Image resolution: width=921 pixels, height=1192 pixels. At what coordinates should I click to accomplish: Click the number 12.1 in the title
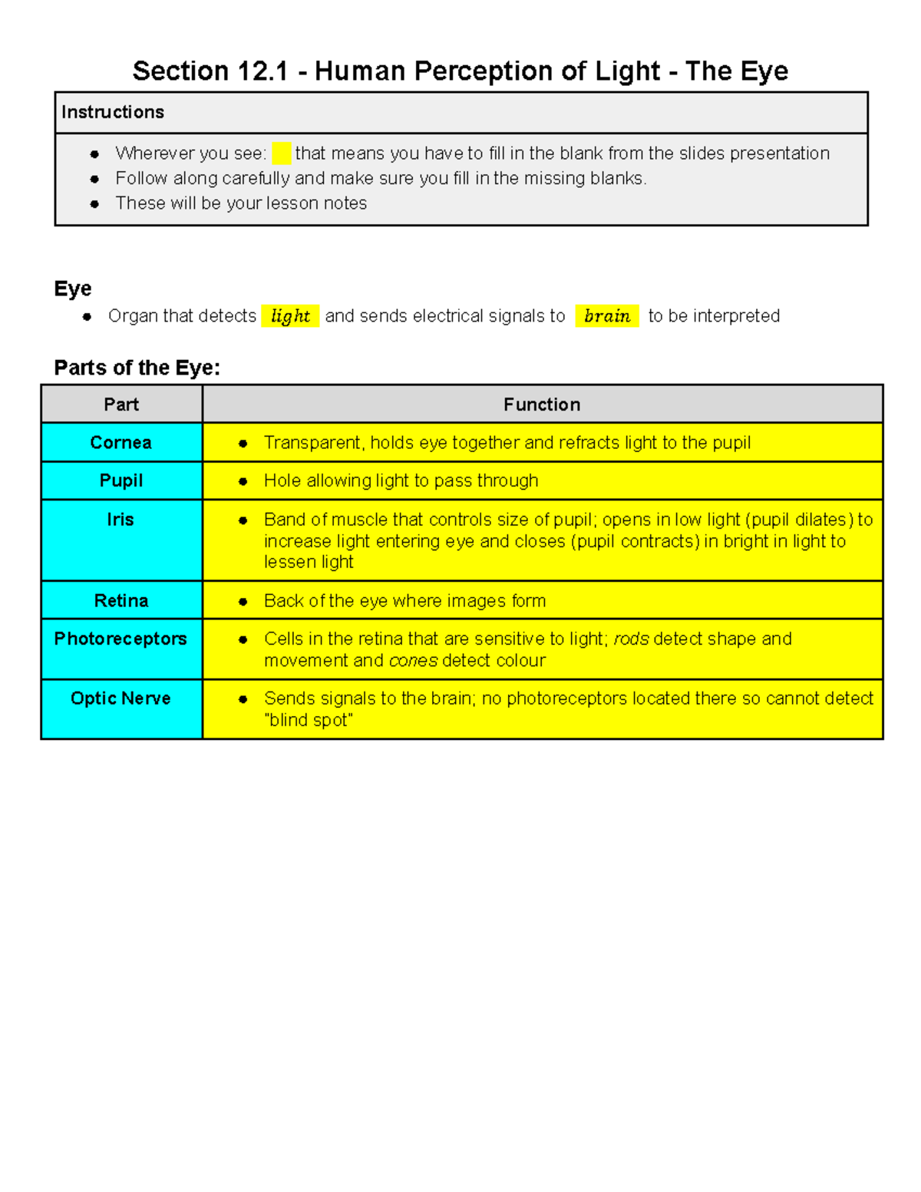[x=262, y=71]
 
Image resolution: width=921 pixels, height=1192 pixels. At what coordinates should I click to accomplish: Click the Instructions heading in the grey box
[x=113, y=112]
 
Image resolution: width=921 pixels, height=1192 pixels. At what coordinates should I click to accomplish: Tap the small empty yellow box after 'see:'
[x=281, y=154]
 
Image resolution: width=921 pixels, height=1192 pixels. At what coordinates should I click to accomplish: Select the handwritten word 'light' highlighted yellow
[x=290, y=316]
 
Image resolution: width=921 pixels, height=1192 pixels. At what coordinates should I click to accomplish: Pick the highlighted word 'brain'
[x=607, y=316]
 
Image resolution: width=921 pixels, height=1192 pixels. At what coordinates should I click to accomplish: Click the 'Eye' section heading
[x=73, y=289]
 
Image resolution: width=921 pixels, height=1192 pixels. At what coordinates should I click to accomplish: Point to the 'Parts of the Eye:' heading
[x=137, y=368]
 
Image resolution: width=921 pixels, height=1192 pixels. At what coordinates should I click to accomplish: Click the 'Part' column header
[x=121, y=404]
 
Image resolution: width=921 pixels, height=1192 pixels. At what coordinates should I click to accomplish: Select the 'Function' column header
[x=542, y=404]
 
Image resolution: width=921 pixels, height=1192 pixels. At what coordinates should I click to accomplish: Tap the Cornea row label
[x=121, y=443]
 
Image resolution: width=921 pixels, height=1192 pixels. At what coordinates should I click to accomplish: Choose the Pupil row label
[x=121, y=480]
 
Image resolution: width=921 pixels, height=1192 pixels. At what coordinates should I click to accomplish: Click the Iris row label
[x=120, y=520]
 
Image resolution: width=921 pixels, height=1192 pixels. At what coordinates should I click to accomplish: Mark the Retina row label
[x=121, y=601]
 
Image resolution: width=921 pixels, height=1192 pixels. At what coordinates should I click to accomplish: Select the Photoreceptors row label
[x=120, y=639]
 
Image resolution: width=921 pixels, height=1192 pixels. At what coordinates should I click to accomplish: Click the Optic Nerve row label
[x=120, y=698]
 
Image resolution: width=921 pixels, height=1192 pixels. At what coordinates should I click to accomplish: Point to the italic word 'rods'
[x=631, y=639]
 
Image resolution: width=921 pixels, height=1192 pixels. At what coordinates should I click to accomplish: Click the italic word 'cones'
[x=413, y=660]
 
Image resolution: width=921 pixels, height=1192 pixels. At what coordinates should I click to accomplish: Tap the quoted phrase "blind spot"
[x=309, y=720]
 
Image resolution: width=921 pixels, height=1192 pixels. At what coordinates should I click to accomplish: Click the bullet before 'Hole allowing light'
[x=243, y=481]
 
